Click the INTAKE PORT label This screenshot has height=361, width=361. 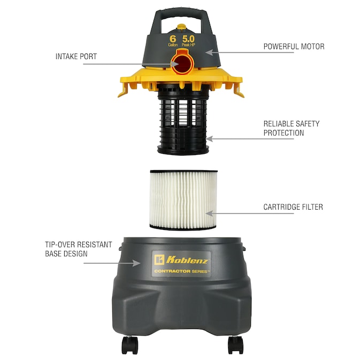click(76, 56)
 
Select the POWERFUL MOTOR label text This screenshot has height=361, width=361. click(294, 47)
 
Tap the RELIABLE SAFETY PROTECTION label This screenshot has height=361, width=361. click(291, 128)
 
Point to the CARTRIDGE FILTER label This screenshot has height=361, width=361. click(293, 207)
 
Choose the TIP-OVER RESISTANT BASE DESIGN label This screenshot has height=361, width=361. click(79, 249)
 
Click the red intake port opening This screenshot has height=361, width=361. click(182, 64)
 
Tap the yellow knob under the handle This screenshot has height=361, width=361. click(181, 27)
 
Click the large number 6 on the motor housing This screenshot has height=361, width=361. click(173, 39)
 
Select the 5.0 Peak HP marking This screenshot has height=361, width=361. click(188, 41)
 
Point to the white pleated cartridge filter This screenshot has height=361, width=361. click(183, 199)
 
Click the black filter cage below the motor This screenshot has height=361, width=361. click(183, 120)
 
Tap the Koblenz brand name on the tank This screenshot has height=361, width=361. click(187, 260)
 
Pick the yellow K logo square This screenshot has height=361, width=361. click(159, 260)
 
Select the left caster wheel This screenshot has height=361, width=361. click(129, 345)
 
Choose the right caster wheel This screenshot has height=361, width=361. click(235, 345)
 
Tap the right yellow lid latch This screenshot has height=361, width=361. click(239, 90)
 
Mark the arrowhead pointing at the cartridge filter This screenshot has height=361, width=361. click(209, 213)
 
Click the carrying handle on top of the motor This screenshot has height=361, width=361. click(181, 14)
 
